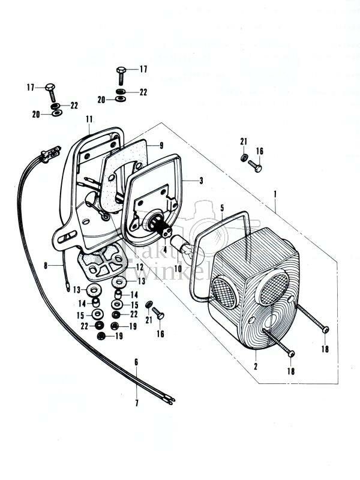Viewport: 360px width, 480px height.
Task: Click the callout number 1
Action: [x=275, y=194]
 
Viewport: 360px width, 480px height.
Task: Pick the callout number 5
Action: [x=222, y=208]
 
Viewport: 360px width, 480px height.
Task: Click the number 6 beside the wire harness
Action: [x=136, y=362]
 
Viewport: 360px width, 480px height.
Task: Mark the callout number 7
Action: [x=136, y=403]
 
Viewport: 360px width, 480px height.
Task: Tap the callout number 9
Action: [x=161, y=145]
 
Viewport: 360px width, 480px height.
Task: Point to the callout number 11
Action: [x=89, y=119]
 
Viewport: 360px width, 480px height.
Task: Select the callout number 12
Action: [x=139, y=266]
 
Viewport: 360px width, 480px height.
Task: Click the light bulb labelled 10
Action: [x=181, y=242]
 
